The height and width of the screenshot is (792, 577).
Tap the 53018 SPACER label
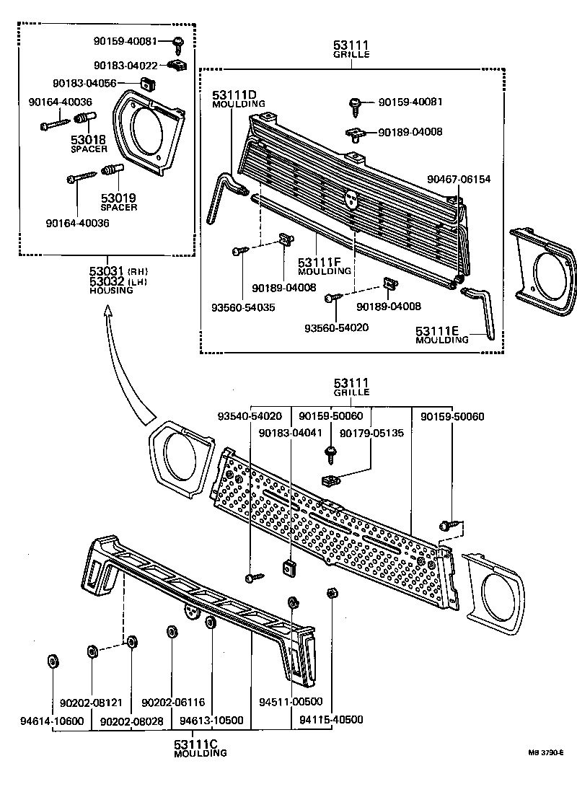coord(89,144)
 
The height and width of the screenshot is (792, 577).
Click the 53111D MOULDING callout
coord(234,100)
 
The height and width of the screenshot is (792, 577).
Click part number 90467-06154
coord(459,178)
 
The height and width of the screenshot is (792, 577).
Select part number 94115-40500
coord(331,719)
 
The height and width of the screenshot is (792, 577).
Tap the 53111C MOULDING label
coord(200,748)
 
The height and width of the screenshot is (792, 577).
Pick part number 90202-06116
coord(173,702)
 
